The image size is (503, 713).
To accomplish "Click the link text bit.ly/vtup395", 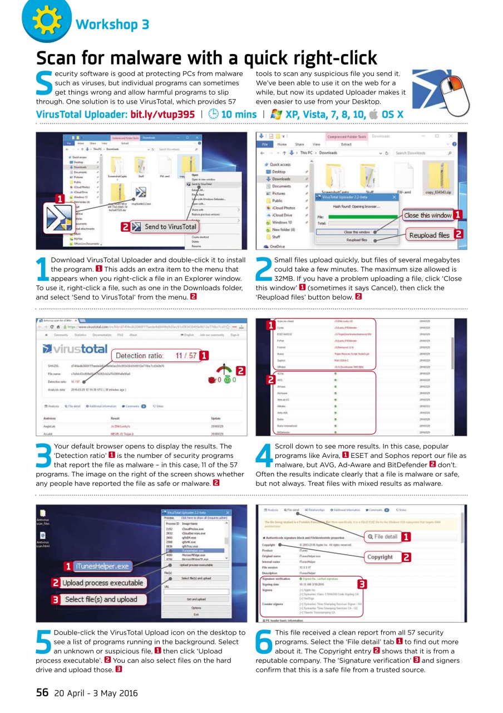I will click(x=162, y=115).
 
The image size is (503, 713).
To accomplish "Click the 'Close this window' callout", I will click(x=427, y=215).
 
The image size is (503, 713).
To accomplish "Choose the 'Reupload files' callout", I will click(x=429, y=235).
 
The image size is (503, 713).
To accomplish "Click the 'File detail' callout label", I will click(x=382, y=536).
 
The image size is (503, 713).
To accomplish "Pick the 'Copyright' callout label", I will click(x=380, y=556).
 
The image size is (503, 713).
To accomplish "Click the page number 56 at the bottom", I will click(x=42, y=693).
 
